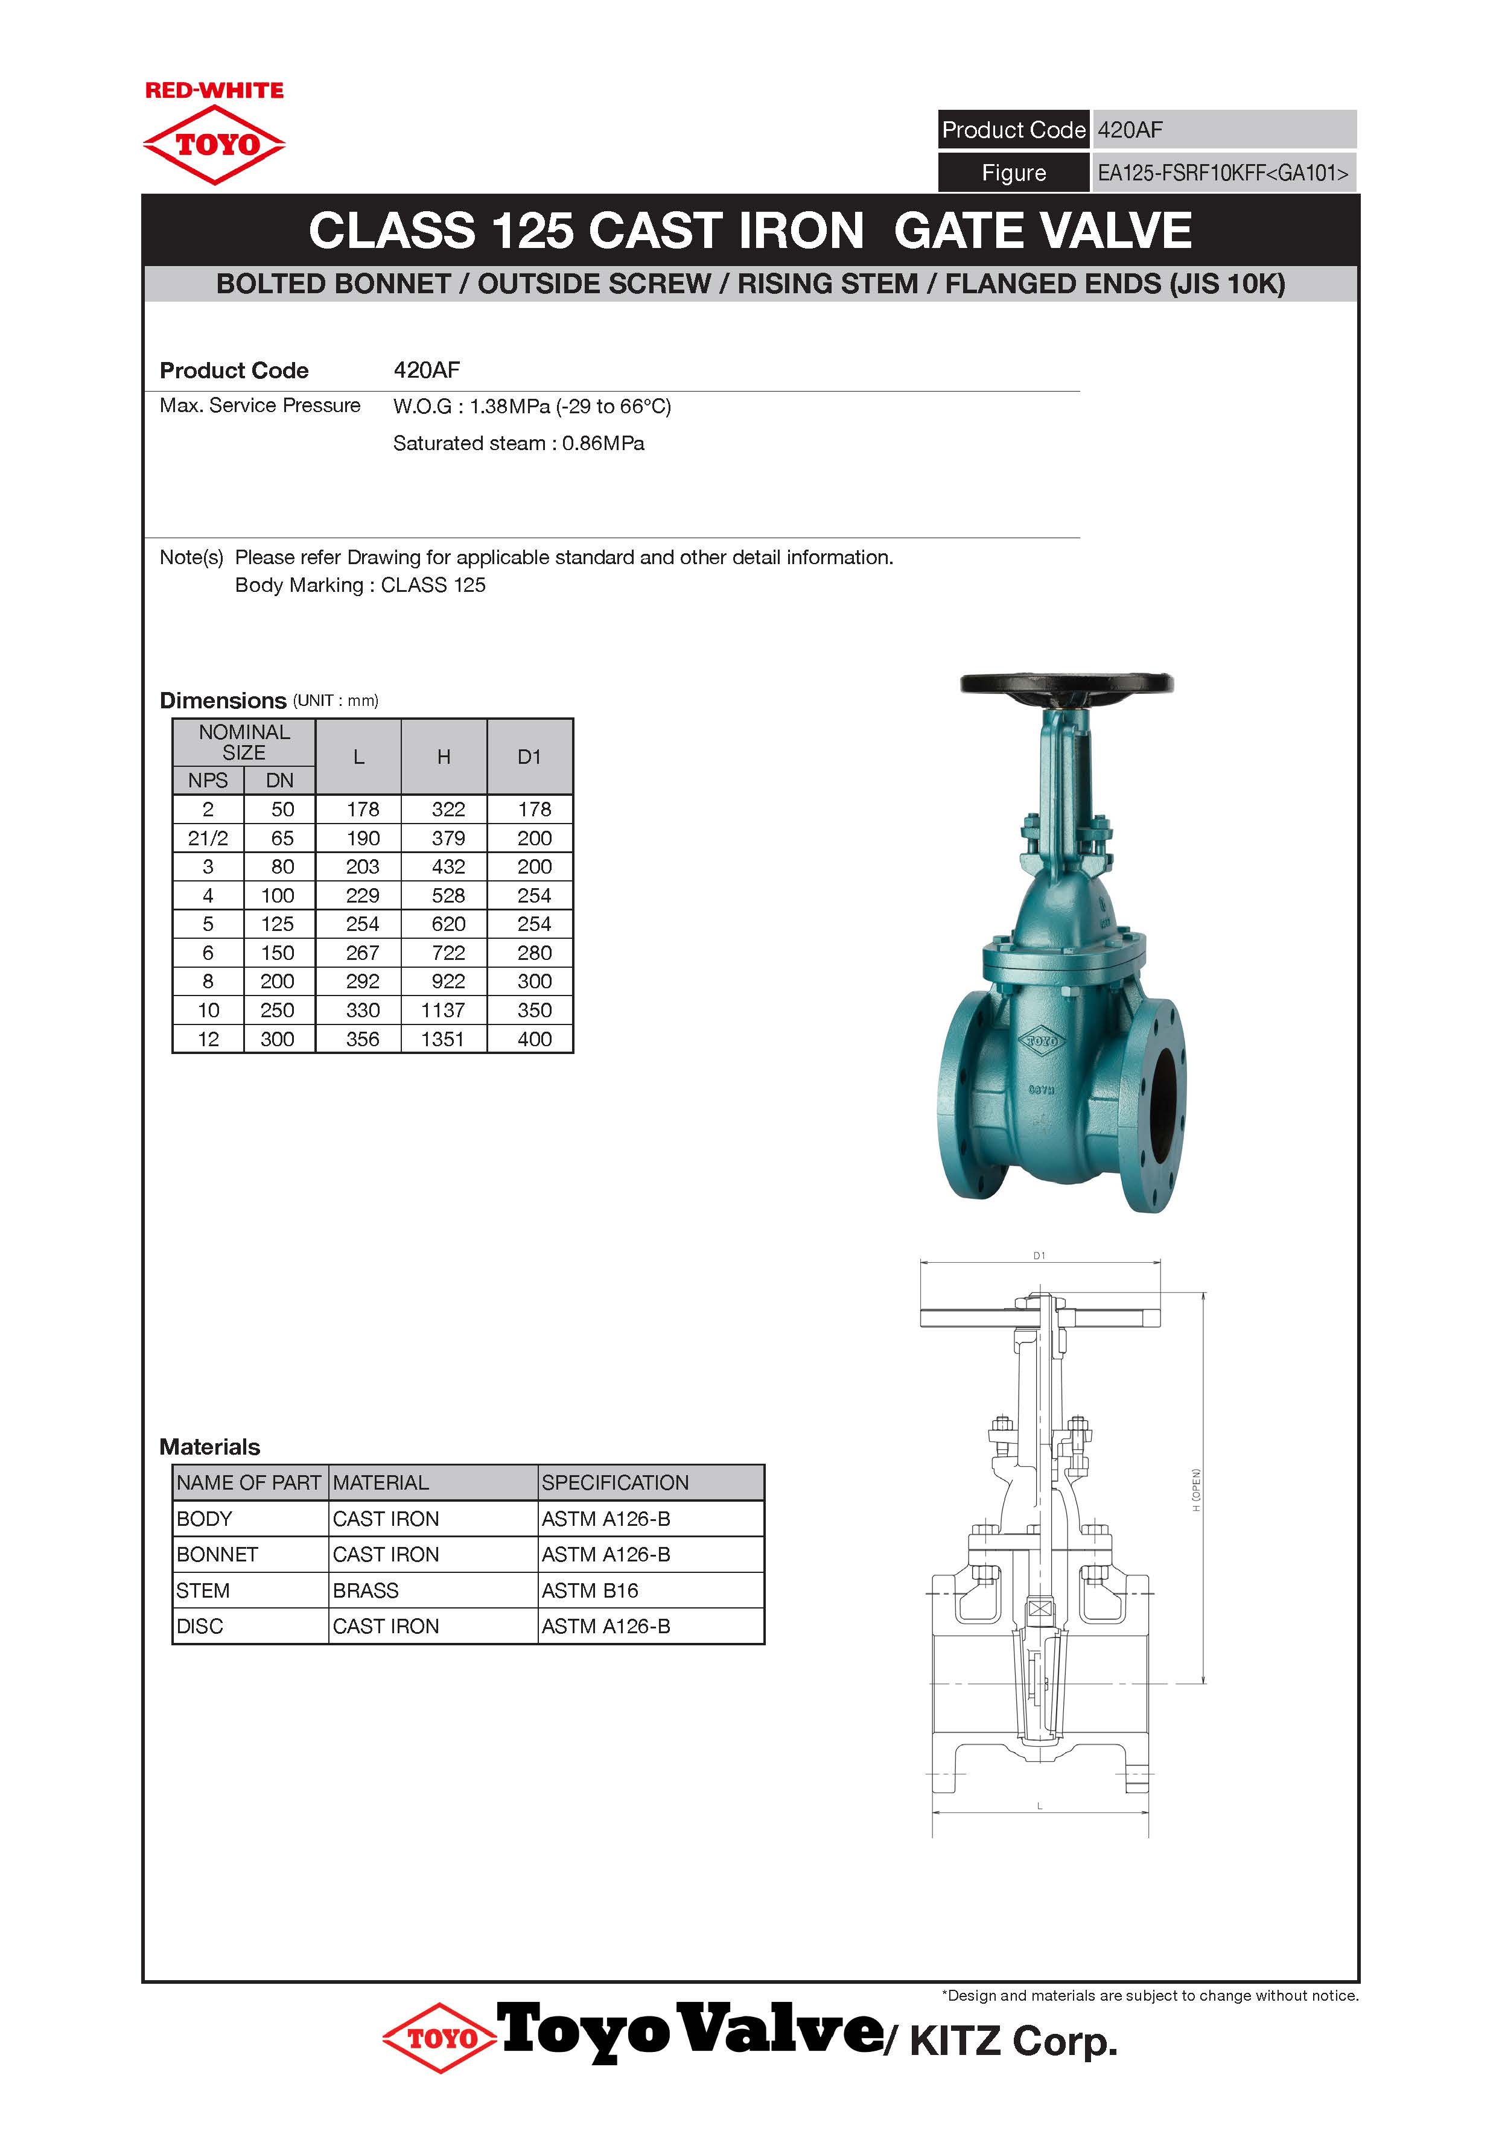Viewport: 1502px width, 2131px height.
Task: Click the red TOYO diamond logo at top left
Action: pos(214,145)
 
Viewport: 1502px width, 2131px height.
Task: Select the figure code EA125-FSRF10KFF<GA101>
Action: pos(1223,174)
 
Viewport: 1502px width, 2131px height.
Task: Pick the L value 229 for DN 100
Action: pos(362,895)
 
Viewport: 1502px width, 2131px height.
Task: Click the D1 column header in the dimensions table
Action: pos(529,757)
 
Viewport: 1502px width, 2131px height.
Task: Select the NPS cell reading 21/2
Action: pos(208,838)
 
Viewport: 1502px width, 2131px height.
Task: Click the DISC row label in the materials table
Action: pos(200,1626)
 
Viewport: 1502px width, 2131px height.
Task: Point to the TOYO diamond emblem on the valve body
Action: pos(1040,1041)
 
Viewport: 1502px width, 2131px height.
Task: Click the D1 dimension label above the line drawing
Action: pos(1040,1256)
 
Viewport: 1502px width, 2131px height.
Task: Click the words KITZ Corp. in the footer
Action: pos(1014,2042)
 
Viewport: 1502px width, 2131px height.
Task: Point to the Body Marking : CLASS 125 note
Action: pos(360,585)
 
